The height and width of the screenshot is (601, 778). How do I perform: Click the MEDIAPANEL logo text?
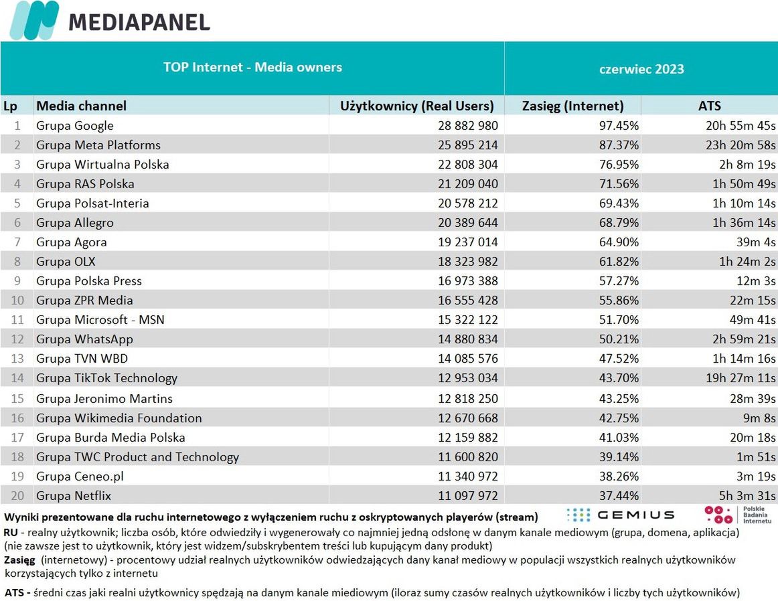[139, 21]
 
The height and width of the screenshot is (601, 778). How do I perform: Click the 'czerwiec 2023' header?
[641, 69]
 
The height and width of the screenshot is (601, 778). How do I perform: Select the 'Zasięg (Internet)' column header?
[572, 106]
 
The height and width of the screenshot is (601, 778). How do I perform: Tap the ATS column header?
[709, 106]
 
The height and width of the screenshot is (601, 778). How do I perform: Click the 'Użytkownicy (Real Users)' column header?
[416, 106]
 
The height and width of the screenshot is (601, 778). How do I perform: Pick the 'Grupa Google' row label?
[75, 126]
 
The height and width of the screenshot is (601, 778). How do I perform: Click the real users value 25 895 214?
[467, 145]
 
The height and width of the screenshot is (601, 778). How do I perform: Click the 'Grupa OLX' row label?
[66, 262]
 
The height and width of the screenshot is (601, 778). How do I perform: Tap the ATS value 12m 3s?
[753, 281]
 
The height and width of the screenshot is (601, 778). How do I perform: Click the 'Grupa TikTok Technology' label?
[106, 378]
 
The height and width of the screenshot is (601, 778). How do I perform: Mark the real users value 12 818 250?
[467, 399]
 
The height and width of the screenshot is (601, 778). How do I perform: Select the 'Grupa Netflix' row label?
[74, 496]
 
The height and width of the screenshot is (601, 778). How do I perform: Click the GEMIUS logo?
[620, 515]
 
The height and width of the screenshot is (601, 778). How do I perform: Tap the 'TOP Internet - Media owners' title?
[252, 67]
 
